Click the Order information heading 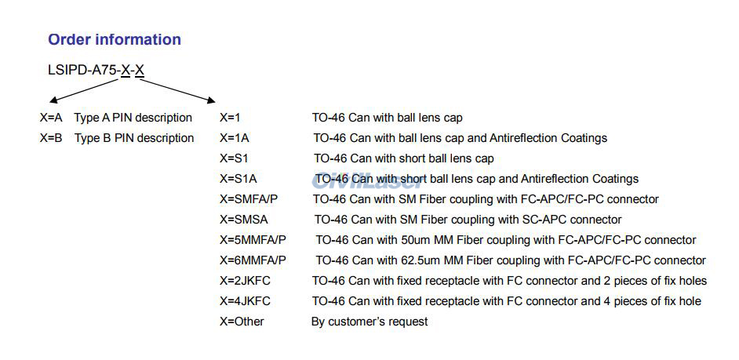115,40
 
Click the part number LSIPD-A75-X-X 96,71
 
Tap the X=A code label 51,118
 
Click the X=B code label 51,138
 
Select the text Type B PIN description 134,138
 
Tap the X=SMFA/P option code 249,199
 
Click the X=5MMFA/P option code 253,240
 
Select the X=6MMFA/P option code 253,260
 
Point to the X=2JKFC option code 245,281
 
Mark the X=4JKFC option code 245,301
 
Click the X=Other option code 242,322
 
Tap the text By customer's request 369,322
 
